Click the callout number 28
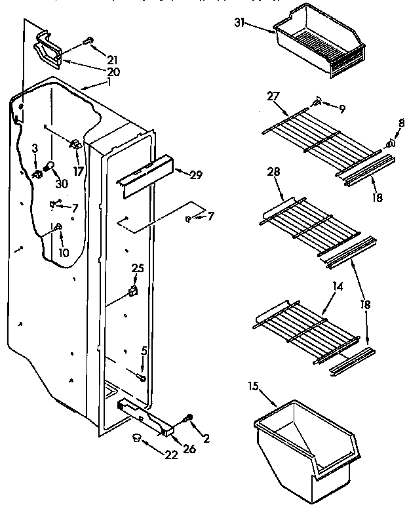[273, 172]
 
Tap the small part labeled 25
[134, 290]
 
